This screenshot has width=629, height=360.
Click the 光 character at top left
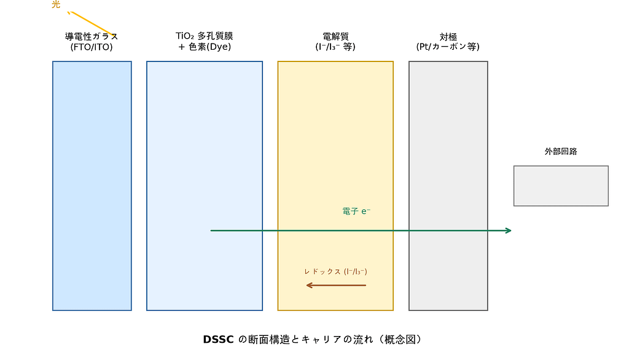pyautogui.click(x=56, y=6)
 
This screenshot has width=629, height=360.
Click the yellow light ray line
pyautogui.click(x=92, y=23)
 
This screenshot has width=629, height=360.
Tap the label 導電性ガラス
pyautogui.click(x=92, y=36)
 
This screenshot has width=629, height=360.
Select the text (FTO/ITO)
pyautogui.click(x=92, y=47)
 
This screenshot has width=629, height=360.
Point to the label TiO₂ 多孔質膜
pyautogui.click(x=205, y=36)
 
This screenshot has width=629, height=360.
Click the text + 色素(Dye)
pyautogui.click(x=205, y=47)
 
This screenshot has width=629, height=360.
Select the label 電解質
pyautogui.click(x=335, y=36)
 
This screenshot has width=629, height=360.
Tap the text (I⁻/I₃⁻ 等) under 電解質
pyautogui.click(x=335, y=47)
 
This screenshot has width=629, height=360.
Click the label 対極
pyautogui.click(x=448, y=36)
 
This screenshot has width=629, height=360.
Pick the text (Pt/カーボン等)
pyautogui.click(x=448, y=47)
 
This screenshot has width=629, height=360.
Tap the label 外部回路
pyautogui.click(x=561, y=151)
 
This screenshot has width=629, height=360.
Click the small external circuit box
pyautogui.click(x=561, y=186)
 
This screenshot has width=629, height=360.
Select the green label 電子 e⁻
pyautogui.click(x=356, y=211)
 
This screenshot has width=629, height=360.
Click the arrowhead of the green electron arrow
pyautogui.click(x=508, y=230)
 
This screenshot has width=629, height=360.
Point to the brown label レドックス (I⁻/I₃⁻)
pyautogui.click(x=335, y=272)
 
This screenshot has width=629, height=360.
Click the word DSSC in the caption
pyautogui.click(x=219, y=340)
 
